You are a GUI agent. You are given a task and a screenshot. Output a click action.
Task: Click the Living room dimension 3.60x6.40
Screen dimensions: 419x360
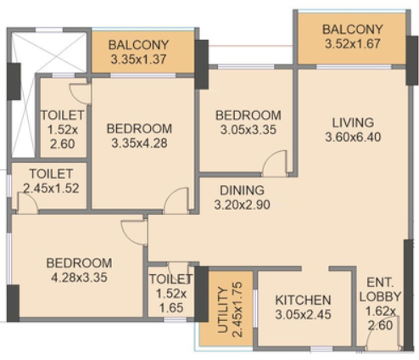[x=353, y=138]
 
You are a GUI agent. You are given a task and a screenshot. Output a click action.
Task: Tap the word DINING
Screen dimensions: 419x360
[x=242, y=190]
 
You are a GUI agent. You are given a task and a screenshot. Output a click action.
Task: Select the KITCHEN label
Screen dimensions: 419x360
[x=303, y=301]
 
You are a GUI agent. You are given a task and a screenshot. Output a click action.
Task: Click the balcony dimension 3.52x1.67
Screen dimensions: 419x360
[x=353, y=44]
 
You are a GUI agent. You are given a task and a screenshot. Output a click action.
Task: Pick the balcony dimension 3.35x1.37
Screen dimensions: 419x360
[x=138, y=59]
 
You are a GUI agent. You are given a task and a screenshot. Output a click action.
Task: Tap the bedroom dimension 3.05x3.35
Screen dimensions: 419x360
[x=249, y=130]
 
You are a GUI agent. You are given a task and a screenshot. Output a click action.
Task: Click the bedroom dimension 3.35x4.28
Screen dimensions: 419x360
[x=139, y=143]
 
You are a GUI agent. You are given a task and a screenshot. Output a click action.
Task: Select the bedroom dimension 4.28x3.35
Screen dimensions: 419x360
[x=79, y=278]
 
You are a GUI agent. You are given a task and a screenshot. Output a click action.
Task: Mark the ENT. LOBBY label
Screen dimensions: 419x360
[x=380, y=290]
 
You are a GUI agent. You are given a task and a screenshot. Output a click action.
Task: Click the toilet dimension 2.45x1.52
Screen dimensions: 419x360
[x=51, y=188]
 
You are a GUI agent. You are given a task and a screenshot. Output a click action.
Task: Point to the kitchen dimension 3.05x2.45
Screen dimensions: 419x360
[x=303, y=315]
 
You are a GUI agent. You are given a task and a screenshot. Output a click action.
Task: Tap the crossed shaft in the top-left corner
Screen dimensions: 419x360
[x=48, y=95]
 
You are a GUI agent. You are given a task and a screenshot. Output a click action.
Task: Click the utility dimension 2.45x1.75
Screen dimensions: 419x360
[x=237, y=310]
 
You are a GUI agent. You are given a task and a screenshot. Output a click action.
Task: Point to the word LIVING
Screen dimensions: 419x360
[x=353, y=123]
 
